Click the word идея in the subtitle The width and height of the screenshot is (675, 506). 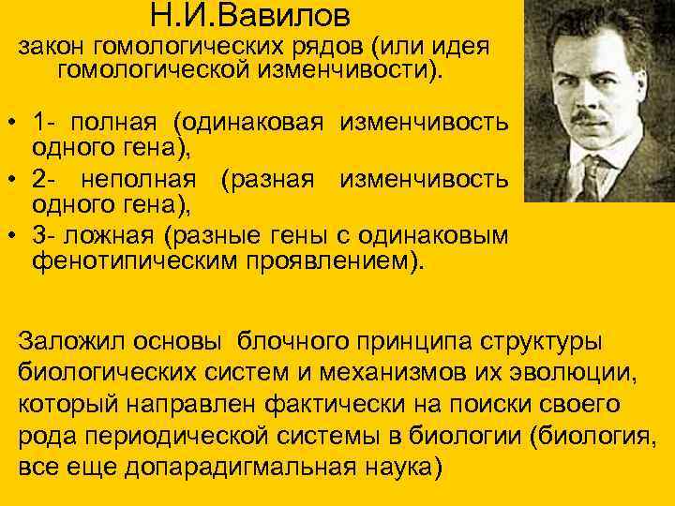tap(455, 48)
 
